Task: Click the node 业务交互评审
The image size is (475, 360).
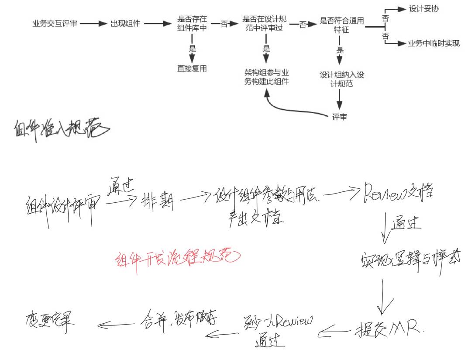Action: (x=55, y=24)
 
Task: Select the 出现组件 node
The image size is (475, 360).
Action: (x=125, y=24)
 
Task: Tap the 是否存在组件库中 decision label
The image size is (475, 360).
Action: (x=192, y=24)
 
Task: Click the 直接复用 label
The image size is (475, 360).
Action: (x=192, y=69)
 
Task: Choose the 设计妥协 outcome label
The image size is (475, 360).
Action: (x=423, y=8)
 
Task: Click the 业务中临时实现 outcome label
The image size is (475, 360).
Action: (x=434, y=44)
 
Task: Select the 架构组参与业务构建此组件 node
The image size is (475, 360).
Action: (x=266, y=77)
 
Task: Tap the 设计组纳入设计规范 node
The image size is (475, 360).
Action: (x=341, y=79)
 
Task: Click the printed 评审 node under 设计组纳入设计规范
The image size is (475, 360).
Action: (x=339, y=117)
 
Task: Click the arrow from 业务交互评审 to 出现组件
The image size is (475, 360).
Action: (x=93, y=24)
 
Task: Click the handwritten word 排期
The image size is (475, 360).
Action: (x=157, y=202)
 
